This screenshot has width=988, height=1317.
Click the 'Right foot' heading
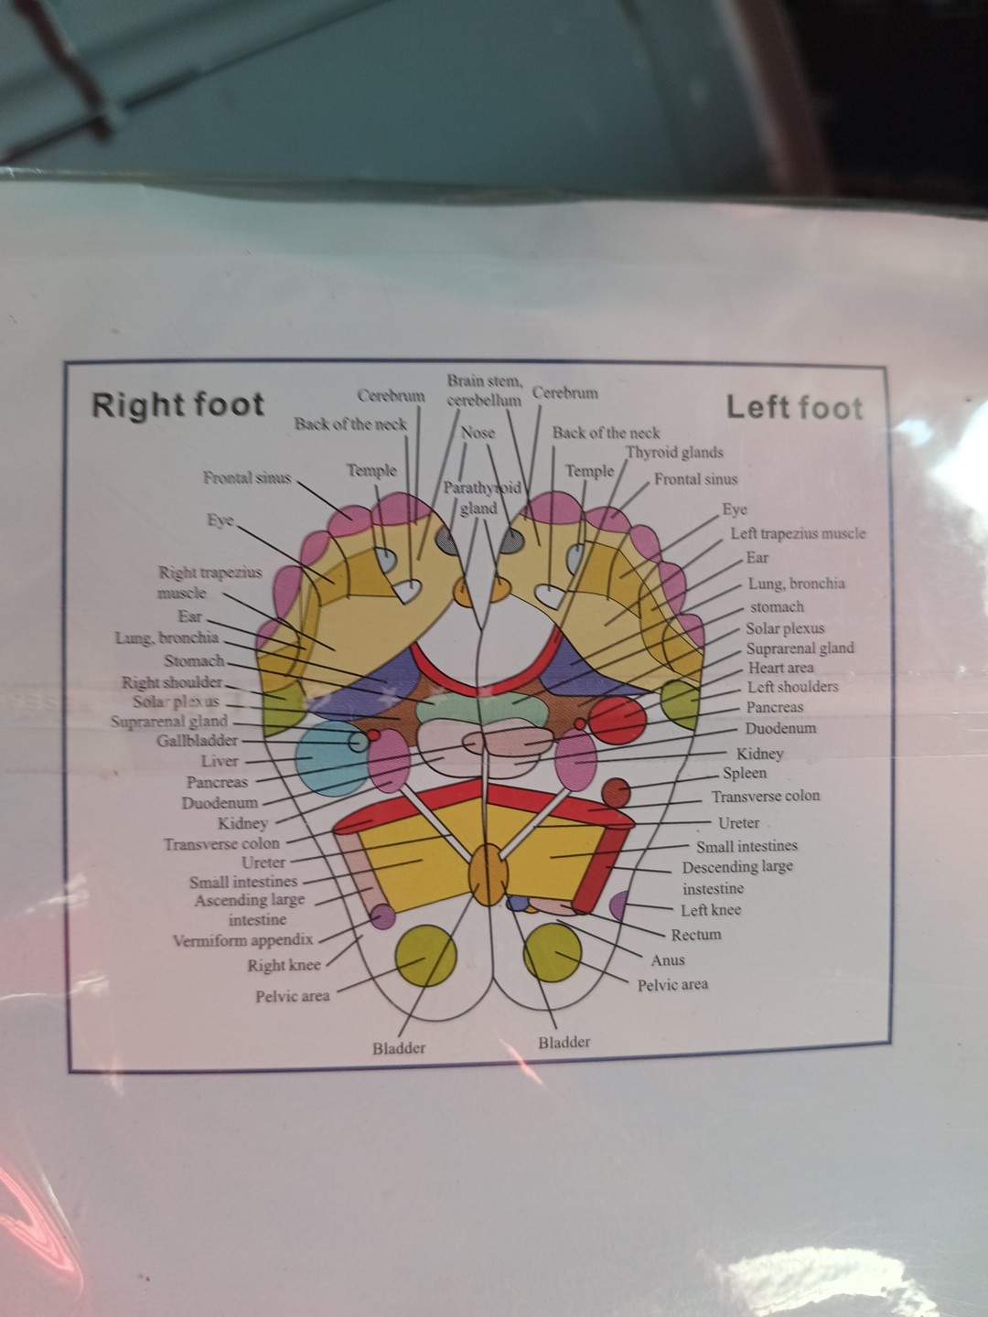[177, 404]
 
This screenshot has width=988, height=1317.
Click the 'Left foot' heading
[794, 407]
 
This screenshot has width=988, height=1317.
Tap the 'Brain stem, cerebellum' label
[484, 390]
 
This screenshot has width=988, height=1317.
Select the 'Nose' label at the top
[478, 433]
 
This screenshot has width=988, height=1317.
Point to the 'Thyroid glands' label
[674, 453]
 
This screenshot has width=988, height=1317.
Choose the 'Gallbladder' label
[197, 740]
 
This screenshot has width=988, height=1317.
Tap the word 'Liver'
[220, 761]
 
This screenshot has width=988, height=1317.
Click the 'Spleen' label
[745, 773]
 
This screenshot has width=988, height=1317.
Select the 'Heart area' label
[780, 668]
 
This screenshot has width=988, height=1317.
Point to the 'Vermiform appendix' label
[242, 939]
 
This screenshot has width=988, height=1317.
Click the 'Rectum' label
[696, 935]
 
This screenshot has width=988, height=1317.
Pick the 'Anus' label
[668, 960]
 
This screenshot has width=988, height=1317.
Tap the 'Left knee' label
[711, 910]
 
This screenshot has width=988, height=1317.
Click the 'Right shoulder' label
[172, 682]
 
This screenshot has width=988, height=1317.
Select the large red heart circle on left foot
[618, 718]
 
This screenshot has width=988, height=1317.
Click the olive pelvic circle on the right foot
[425, 955]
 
